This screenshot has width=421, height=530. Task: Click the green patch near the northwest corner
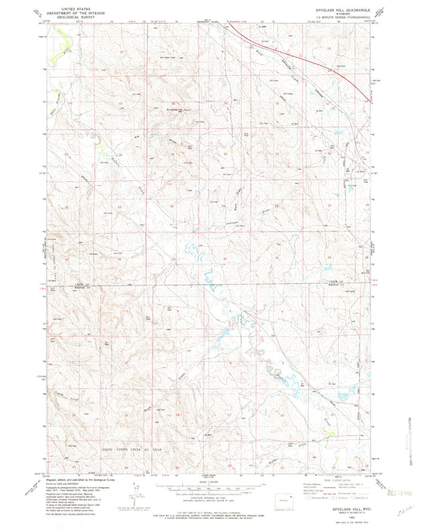(55, 57)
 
